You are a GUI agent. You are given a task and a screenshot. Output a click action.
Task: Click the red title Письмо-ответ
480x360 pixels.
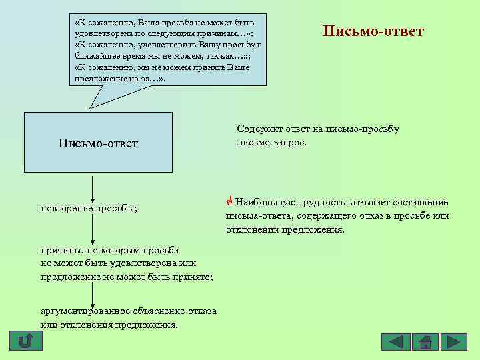373,31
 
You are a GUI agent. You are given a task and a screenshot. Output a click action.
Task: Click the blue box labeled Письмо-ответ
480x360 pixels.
98,143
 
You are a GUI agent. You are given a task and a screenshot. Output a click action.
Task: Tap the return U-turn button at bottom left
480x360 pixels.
25,341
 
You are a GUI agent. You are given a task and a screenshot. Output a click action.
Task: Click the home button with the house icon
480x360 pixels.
425,342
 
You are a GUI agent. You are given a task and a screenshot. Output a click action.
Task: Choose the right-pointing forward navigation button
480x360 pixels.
453,342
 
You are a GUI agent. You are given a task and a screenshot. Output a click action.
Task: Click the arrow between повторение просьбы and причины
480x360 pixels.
93,230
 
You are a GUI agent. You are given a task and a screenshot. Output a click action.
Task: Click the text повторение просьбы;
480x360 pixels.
89,208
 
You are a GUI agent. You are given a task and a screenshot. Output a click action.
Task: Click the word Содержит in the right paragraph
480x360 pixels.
257,129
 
